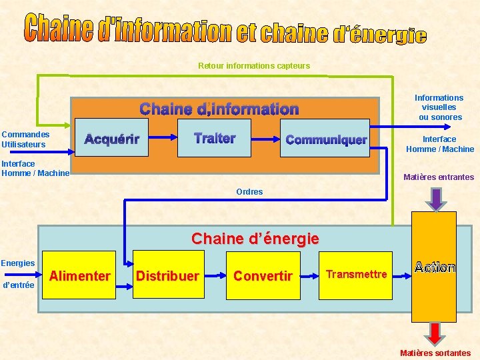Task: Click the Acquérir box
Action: [111, 139]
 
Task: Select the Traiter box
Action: [215, 138]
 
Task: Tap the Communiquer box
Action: [325, 139]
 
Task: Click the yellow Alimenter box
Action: [80, 275]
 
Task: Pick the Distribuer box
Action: [167, 275]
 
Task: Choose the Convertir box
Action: [263, 275]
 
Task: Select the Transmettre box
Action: [356, 275]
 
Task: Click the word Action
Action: [434, 267]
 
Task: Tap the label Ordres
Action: [249, 192]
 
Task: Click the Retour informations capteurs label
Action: [254, 65]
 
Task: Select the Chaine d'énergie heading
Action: [255, 238]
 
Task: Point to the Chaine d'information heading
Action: [219, 109]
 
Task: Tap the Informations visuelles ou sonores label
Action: [439, 107]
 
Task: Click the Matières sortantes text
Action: [435, 353]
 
